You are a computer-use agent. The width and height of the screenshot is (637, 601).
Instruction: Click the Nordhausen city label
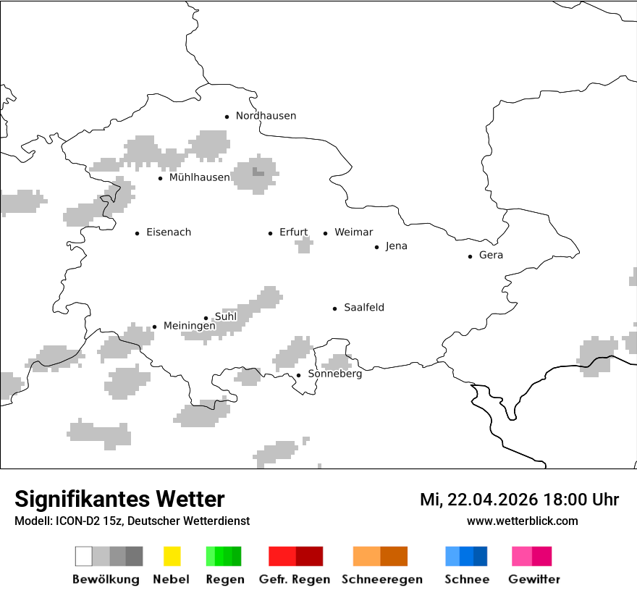coord(266,116)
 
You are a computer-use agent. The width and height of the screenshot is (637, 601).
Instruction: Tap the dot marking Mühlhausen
coord(160,178)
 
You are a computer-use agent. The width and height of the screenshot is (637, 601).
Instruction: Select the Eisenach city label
coord(169,232)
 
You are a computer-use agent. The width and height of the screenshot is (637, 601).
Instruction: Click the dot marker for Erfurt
coord(270,233)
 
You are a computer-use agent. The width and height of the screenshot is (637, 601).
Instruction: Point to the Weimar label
coord(353,232)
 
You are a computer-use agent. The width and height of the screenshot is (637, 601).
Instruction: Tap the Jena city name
coord(396,246)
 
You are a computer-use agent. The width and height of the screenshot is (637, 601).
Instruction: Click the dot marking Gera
coord(470,256)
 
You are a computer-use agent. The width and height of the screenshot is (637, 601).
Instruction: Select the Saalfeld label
coord(363,308)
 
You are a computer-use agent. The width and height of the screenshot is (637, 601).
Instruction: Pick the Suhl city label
coord(226,316)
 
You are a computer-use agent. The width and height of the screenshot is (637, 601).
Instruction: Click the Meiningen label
coord(189,326)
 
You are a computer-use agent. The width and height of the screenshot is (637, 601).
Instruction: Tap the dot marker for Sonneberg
coord(298,375)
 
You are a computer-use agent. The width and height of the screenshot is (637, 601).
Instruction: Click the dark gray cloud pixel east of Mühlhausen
coord(258,172)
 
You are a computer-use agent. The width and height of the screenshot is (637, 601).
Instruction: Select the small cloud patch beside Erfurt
coord(304,245)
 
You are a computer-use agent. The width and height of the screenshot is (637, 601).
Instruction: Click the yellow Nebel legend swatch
coord(172,556)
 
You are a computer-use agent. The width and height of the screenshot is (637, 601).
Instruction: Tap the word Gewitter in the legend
coord(533,579)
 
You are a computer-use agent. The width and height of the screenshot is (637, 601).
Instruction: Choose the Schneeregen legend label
coord(381,579)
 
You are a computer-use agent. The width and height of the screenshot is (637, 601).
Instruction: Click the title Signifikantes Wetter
coord(119,499)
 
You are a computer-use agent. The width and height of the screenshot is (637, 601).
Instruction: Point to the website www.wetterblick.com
coord(522,521)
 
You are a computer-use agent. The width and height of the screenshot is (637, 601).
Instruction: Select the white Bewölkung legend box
coord(84,556)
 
